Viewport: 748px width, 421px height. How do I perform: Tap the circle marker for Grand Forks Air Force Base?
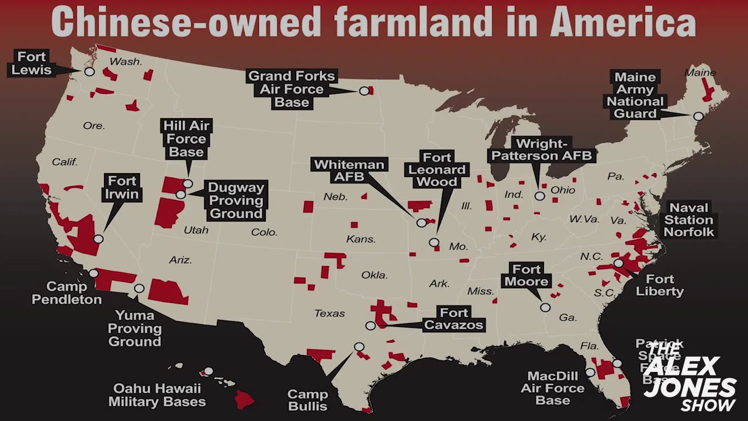pyautogui.click(x=364, y=91)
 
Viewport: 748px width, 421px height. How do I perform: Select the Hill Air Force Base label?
pyautogui.click(x=186, y=139)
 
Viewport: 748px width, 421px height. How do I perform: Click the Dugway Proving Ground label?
pyautogui.click(x=236, y=201)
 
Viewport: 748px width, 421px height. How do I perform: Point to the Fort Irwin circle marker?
pyautogui.click(x=98, y=239)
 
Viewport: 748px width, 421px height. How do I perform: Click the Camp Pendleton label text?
pyautogui.click(x=67, y=293)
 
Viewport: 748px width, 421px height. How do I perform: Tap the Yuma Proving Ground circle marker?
pyautogui.click(x=139, y=288)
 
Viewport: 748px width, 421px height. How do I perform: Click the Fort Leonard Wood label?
pyautogui.click(x=437, y=170)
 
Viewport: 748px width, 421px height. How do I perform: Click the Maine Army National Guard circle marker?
pyautogui.click(x=698, y=116)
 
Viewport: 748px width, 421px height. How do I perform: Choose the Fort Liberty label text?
pyautogui.click(x=660, y=285)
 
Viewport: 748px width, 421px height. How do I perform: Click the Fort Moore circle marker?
pyautogui.click(x=545, y=307)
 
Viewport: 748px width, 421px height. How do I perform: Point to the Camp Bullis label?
pyautogui.click(x=307, y=400)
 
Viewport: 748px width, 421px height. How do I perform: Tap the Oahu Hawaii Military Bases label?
pyautogui.click(x=157, y=395)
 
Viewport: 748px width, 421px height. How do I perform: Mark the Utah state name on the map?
pyautogui.click(x=196, y=230)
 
